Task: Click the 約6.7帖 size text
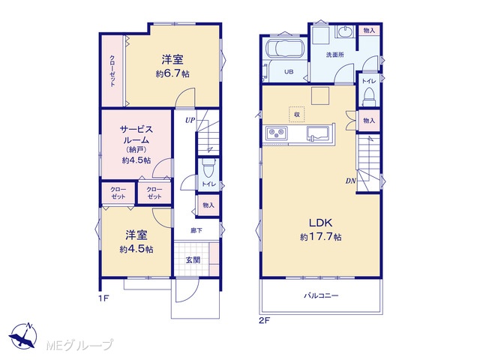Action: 172,73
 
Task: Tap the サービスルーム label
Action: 136,135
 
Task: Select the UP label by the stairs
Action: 190,120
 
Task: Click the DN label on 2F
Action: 351,181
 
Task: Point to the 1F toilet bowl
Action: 208,168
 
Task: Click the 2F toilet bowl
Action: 369,97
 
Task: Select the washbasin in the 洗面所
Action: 346,31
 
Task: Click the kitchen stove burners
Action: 277,133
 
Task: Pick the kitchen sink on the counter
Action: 318,134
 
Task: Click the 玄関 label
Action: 193,260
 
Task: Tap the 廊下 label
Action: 196,230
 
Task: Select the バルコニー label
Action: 321,295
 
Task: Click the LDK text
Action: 320,223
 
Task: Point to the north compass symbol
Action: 23,336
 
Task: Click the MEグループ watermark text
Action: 79,345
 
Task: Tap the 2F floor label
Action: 264,320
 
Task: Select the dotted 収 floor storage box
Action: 297,115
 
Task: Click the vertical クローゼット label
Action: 112,71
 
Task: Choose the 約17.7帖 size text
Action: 320,237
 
